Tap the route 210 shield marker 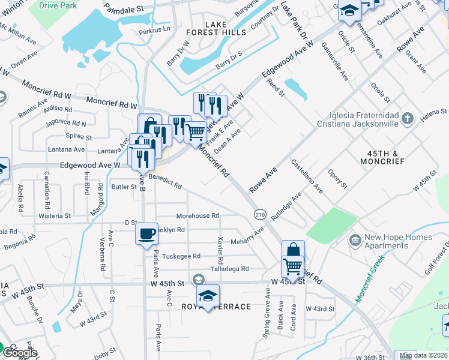point(260,214)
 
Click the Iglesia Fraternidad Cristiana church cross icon point(408,118)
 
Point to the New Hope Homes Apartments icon point(355,241)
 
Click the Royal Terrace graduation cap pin point(208,296)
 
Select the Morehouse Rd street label point(197,215)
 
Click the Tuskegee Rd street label point(181,256)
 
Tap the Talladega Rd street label point(229,269)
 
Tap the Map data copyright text point(424,355)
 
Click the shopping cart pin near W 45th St point(292,265)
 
